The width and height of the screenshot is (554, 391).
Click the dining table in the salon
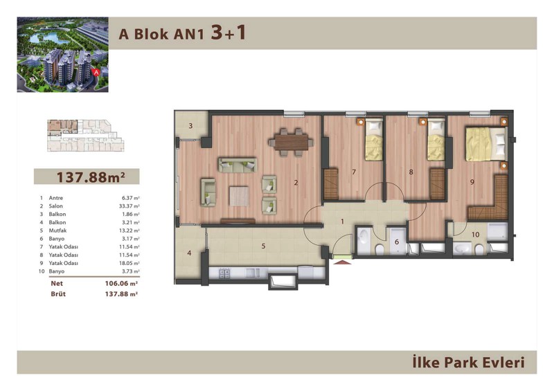tap(291, 143)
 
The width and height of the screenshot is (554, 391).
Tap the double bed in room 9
tap(487, 144)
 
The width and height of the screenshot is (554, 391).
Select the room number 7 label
tap(354, 172)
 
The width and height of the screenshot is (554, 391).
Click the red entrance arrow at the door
tap(342, 262)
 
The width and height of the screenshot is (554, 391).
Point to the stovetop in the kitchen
tap(224, 273)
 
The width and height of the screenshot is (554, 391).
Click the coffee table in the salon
tap(239, 196)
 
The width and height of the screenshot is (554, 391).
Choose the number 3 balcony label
tap(190, 126)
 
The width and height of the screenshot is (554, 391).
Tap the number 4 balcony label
tap(189, 253)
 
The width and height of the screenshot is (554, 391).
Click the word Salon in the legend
tap(56, 206)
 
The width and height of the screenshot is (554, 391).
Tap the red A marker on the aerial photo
tap(96, 73)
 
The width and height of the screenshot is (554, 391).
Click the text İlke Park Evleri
tap(468, 363)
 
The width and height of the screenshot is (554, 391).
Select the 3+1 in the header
tap(229, 33)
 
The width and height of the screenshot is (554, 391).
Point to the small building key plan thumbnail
tap(85, 136)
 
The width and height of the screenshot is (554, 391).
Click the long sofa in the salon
tap(238, 165)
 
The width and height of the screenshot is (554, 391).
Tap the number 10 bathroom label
tap(475, 235)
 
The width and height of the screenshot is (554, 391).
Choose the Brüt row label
tap(58, 294)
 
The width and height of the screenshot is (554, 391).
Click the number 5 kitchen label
tap(263, 246)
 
